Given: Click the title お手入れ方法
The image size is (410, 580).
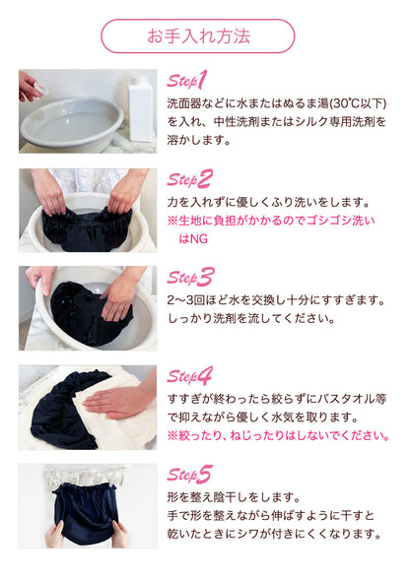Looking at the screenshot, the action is pyautogui.click(x=198, y=36).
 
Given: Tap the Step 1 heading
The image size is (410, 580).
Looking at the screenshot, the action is pyautogui.click(x=186, y=81).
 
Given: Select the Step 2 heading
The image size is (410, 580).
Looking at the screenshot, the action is pyautogui.click(x=189, y=179).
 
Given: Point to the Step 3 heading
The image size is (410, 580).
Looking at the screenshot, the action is pyautogui.click(x=190, y=278).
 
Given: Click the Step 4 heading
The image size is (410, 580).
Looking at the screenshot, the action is pyautogui.click(x=190, y=376).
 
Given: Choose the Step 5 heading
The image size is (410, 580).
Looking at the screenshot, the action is pyautogui.click(x=189, y=475).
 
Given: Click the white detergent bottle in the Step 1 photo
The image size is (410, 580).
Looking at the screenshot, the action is pyautogui.click(x=140, y=108).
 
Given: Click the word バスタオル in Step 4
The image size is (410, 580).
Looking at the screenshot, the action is pyautogui.click(x=343, y=399).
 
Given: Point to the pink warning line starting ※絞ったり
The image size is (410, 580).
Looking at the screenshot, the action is pyautogui.click(x=278, y=435).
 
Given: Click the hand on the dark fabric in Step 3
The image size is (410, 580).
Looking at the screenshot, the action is pyautogui.click(x=120, y=296).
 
